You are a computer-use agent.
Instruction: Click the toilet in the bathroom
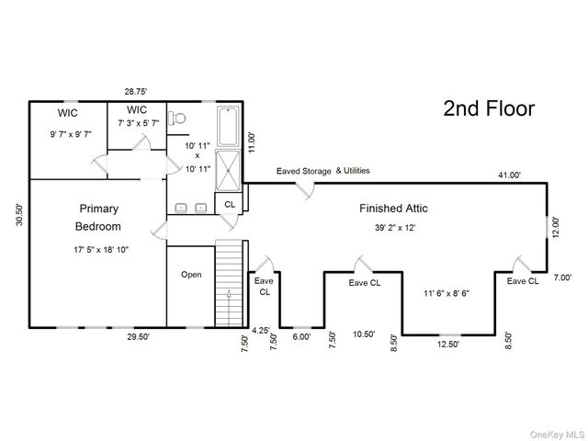(177, 119)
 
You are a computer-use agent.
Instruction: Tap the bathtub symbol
(228, 127)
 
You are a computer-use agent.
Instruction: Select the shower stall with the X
(228, 171)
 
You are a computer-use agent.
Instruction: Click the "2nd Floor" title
(489, 108)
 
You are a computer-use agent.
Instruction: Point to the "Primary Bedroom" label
(98, 218)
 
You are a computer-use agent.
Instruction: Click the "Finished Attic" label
(393, 209)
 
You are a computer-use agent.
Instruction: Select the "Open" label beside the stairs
(191, 275)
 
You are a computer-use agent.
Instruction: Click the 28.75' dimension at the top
(136, 92)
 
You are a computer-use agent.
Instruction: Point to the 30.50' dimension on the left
(19, 215)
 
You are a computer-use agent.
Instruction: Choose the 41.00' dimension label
(510, 175)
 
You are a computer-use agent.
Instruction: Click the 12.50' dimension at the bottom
(448, 345)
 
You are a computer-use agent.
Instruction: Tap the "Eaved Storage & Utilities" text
(323, 171)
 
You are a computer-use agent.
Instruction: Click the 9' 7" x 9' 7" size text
(71, 134)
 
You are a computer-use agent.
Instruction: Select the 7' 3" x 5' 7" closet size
(139, 123)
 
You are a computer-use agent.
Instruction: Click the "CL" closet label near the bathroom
(230, 204)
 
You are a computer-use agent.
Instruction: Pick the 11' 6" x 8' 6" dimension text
(447, 293)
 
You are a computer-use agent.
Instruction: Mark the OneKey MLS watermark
(557, 435)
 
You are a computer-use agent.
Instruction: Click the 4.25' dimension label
(261, 331)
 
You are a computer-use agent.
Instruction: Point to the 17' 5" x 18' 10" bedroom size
(101, 250)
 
